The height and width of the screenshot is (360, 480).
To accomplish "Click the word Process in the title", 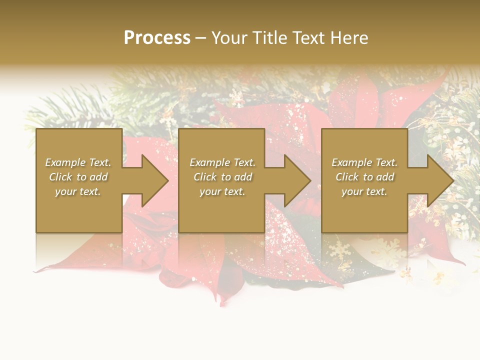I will click(x=157, y=38).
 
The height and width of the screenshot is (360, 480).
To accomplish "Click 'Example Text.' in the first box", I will click(x=78, y=162).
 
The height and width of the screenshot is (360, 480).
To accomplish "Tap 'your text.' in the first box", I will click(x=78, y=191).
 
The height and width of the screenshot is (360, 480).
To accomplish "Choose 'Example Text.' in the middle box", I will click(x=222, y=162).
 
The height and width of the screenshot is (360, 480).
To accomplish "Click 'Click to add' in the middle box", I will click(x=222, y=177).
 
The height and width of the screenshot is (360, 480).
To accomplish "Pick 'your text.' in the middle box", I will click(x=222, y=191).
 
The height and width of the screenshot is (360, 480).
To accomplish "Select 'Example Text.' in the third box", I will click(x=364, y=162).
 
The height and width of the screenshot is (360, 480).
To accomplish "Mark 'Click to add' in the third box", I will click(x=364, y=177).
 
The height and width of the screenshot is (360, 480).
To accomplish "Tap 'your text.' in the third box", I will click(x=364, y=191).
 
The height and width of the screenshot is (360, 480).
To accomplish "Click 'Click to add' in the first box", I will click(x=78, y=177).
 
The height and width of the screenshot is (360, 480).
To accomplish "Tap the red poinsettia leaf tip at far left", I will click(x=38, y=270).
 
